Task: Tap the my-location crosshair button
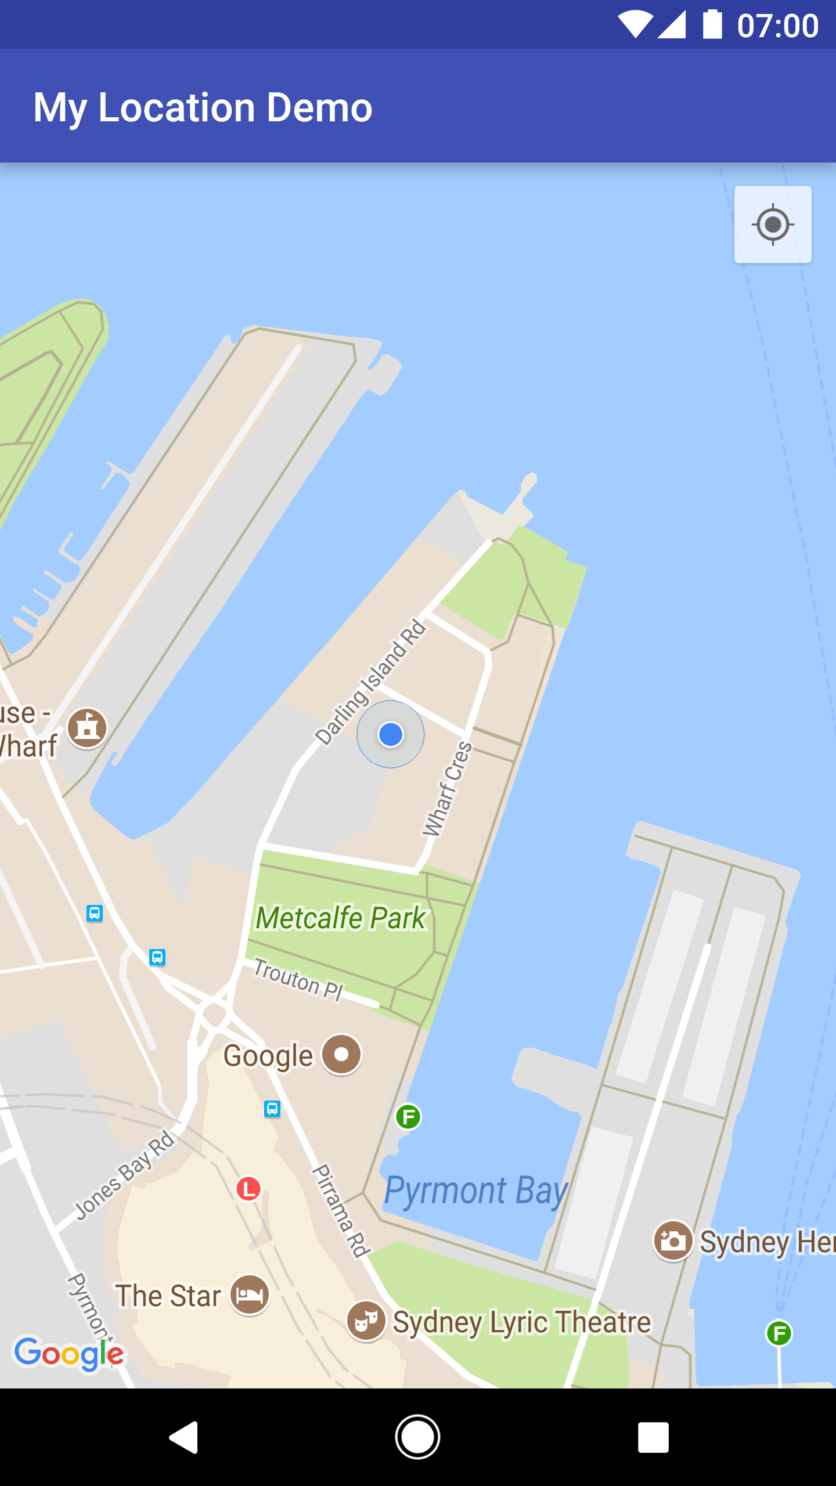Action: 773,225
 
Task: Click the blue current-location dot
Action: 391,734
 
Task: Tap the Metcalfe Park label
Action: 341,918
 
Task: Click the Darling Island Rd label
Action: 371,682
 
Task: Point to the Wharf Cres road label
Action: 447,789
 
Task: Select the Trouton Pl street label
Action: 298,980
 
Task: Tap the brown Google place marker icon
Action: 342,1055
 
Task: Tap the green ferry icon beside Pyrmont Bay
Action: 408,1116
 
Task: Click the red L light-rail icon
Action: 248,1188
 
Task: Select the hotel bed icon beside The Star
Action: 250,1295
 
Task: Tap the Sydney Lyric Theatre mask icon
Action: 366,1322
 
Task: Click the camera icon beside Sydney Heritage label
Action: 673,1241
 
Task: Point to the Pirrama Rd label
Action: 341,1210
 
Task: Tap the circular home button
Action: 418,1437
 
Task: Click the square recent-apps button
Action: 653,1437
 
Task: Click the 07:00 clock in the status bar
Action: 777,26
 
